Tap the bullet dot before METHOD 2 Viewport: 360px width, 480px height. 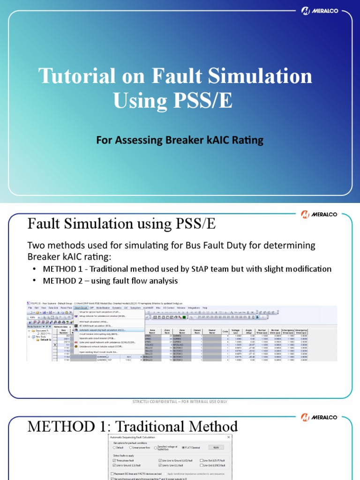coord(35,281)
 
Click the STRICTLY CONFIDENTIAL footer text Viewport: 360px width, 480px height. coord(180,402)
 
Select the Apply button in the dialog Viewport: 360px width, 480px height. coord(216,447)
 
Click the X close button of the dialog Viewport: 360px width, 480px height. coord(228,437)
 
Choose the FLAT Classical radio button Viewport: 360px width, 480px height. coord(183,448)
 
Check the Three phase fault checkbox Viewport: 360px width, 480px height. coord(115,461)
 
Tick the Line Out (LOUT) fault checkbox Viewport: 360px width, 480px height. coord(202,461)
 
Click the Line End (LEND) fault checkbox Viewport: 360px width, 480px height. coord(202,465)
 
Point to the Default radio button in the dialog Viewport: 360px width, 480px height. coord(115,448)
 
